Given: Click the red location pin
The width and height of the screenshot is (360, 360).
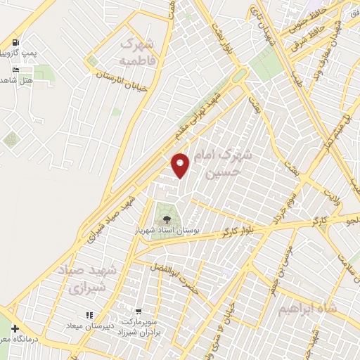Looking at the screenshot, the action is coord(181,165).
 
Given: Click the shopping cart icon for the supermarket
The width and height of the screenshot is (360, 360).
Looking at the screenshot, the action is coord(140,310).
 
